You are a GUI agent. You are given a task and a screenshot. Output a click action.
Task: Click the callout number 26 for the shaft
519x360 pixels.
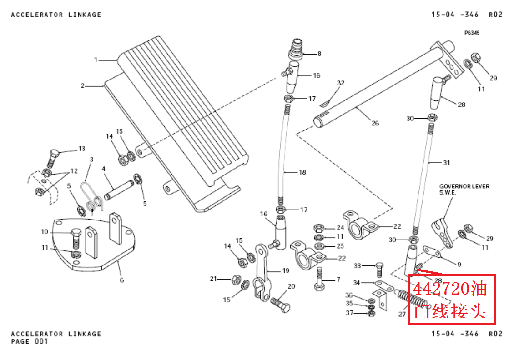pyautogui.click(x=375, y=123)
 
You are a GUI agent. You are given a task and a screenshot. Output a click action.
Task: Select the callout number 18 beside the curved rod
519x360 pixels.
pyautogui.click(x=302, y=172)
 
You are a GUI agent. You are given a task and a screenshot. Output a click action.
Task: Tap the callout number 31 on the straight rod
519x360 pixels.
pyautogui.click(x=446, y=162)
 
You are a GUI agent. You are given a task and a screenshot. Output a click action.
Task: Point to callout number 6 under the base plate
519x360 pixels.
pyautogui.click(x=121, y=280)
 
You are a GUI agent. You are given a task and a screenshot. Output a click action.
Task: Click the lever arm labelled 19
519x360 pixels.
pyautogui.click(x=262, y=273)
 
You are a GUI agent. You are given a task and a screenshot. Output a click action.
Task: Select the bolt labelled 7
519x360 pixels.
pyautogui.click(x=319, y=278)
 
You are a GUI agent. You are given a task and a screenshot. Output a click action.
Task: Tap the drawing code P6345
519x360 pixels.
pyautogui.click(x=472, y=33)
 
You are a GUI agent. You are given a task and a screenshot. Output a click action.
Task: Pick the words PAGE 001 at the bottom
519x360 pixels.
pyautogui.click(x=29, y=341)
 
